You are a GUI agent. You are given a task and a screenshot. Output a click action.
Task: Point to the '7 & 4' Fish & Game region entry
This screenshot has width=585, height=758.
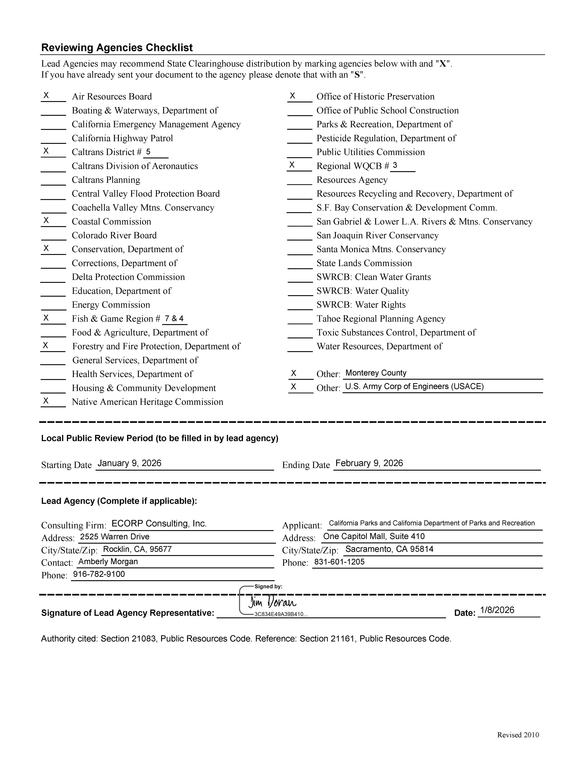coord(174,318)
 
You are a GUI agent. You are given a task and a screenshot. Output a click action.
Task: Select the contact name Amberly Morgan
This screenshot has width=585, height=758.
coord(108,562)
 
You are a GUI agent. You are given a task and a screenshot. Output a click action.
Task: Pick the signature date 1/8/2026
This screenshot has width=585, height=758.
coord(497,610)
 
